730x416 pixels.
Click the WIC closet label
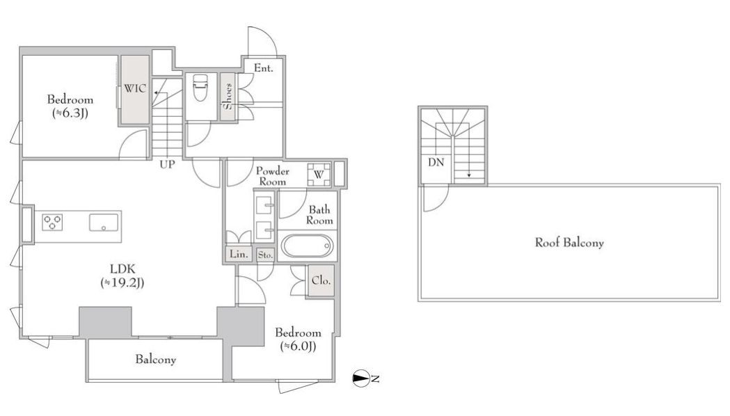pyautogui.click(x=134, y=88)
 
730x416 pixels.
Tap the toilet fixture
pyautogui.click(x=200, y=88)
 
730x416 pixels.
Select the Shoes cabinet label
pyautogui.click(x=228, y=96)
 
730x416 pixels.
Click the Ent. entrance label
pyautogui.click(x=263, y=68)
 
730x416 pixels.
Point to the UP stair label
pyautogui.click(x=167, y=164)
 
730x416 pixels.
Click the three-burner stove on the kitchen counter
pyautogui.click(x=52, y=222)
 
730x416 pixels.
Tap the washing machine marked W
pyautogui.click(x=319, y=175)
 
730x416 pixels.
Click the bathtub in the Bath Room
pyautogui.click(x=308, y=246)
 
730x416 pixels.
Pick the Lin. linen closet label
pyautogui.click(x=239, y=254)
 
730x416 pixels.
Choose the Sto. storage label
pyautogui.click(x=265, y=255)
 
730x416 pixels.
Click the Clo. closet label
pyautogui.click(x=321, y=280)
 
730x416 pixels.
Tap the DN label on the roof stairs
pyautogui.click(x=436, y=162)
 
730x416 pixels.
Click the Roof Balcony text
pyautogui.click(x=569, y=242)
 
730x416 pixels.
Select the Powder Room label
pyautogui.click(x=272, y=176)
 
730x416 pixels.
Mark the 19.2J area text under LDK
pyautogui.click(x=122, y=282)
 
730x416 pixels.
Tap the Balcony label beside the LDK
pyautogui.click(x=155, y=359)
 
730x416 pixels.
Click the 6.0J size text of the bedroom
pyautogui.click(x=298, y=346)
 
